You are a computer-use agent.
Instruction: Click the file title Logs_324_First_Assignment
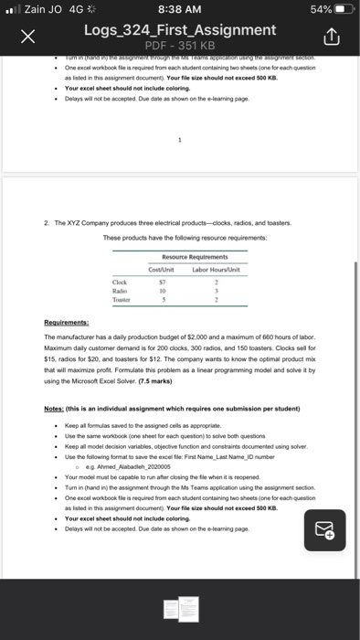point(179,30)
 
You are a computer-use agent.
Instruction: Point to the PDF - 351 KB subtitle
point(179,47)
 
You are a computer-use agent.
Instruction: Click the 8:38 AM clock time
point(179,9)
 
